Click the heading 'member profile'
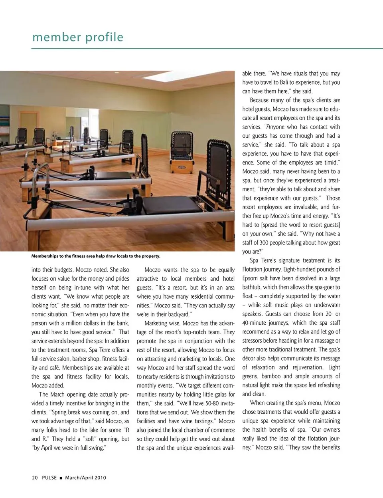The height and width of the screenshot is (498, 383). [78, 37]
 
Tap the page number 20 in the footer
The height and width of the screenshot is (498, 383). [35, 478]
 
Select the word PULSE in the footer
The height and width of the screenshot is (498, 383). [49, 478]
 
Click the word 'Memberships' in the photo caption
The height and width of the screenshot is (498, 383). [45, 256]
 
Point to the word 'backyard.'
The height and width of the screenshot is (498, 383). [178, 314]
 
